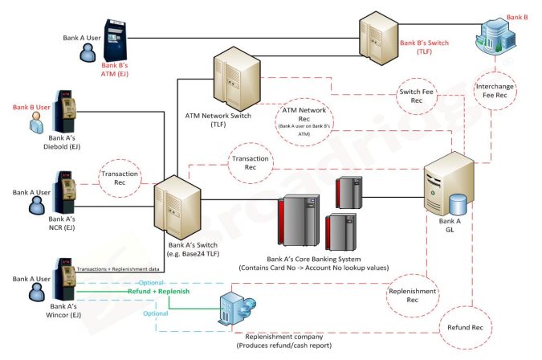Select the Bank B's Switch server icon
(x=379, y=35)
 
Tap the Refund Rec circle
(x=465, y=327)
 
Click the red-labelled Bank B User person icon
(x=35, y=123)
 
